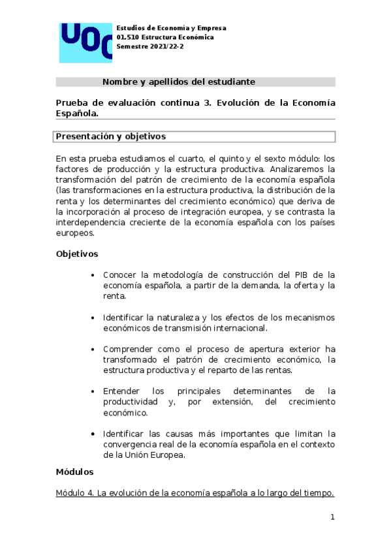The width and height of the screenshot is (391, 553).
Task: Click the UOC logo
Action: tap(86, 42)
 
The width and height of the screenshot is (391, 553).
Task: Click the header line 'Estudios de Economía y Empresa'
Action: tap(171, 28)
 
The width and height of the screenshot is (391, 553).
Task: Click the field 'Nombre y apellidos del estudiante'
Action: tap(178, 82)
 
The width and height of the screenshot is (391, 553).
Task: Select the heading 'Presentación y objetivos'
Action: tap(111, 136)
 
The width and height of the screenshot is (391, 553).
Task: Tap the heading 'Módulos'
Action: tap(75, 471)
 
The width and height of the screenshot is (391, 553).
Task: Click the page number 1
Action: tap(332, 518)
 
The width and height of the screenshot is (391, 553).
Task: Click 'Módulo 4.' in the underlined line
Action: tap(74, 493)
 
